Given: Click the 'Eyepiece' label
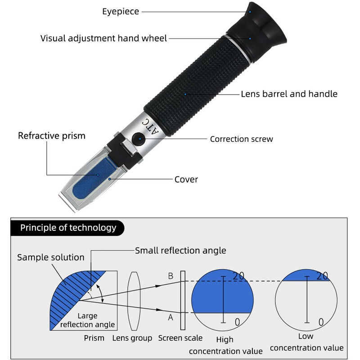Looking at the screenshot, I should tap(121, 12).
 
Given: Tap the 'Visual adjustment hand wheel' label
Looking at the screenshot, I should tap(103, 38).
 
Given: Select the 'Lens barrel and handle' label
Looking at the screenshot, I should tap(289, 94).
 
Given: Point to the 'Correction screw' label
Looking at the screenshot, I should tap(241, 139).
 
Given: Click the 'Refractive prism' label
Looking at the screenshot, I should tap(51, 135).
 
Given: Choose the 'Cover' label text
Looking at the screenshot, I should tap(186, 180).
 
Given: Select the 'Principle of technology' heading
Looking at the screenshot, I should tap(68, 228).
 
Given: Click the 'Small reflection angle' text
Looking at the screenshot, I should tap(180, 251).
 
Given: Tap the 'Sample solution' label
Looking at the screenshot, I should tap(51, 257).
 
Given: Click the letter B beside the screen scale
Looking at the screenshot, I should tap(171, 276).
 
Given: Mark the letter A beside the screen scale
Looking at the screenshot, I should tap(171, 317).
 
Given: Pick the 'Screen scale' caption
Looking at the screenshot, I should tap(180, 338).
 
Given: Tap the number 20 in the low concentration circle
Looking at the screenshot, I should tap(322, 276).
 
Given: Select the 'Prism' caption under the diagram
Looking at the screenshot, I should tap(94, 338).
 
